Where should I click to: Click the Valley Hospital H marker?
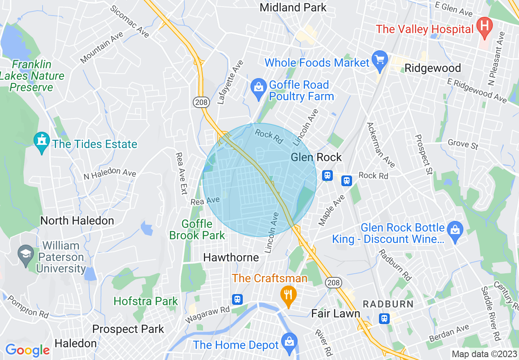485,28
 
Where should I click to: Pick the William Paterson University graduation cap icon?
26,255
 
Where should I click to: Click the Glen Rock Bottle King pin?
455,231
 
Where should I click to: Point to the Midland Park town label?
293,7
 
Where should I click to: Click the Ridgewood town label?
433,68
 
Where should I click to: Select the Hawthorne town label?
231,257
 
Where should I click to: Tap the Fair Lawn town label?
336,314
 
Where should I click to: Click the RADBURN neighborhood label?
388,304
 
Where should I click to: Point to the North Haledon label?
77,220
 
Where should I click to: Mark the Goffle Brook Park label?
197,229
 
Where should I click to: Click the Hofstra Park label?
146,301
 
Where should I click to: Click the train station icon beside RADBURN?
384,318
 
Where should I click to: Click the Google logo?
27,350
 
